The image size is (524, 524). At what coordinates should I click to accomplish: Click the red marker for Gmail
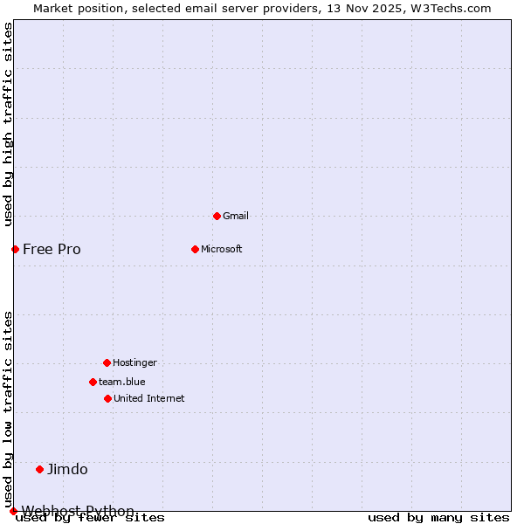click(217, 216)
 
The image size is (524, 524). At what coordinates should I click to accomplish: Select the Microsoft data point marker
click(195, 249)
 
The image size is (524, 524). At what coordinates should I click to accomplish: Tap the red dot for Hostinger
click(107, 362)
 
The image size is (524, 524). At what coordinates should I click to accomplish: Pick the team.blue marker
click(93, 382)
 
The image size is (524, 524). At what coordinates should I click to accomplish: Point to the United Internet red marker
click(107, 398)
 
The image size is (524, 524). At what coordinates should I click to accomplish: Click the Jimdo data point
click(39, 469)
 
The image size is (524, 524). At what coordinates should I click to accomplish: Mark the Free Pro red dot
click(15, 249)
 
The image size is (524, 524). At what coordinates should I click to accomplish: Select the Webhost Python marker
click(13, 511)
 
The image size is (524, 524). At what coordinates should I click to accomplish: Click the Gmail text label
click(236, 216)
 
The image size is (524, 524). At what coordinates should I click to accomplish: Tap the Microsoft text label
click(222, 249)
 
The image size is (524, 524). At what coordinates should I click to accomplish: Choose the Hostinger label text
click(134, 362)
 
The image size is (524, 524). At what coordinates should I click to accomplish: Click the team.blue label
click(122, 382)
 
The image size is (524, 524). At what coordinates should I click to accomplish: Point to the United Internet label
click(149, 398)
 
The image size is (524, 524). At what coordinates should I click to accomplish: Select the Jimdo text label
click(67, 469)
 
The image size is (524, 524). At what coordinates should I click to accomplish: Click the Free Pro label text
click(52, 249)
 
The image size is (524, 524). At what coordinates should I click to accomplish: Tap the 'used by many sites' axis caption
click(438, 518)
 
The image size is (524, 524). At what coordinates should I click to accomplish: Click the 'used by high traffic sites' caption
click(8, 124)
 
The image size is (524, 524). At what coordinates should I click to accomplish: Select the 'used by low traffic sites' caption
click(8, 409)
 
